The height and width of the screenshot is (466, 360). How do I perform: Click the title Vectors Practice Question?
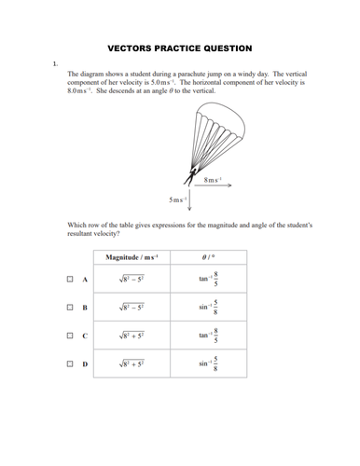point(179,46)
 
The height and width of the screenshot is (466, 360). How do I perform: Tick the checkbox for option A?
point(70,279)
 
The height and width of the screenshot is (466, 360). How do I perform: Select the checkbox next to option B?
point(70,307)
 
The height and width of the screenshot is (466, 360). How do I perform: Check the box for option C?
point(70,336)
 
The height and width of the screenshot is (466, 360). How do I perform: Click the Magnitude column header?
point(132,257)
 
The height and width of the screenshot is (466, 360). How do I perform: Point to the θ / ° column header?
point(209,257)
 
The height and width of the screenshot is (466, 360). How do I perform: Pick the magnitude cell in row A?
point(132,279)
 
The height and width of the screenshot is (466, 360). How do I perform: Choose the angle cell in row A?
point(209,279)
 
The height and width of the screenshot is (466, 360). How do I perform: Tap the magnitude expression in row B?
point(132,307)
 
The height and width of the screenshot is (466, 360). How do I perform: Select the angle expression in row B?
point(209,307)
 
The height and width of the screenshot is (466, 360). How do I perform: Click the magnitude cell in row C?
point(132,336)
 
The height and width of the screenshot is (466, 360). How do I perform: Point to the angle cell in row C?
point(209,336)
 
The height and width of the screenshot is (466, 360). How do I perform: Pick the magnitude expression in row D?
point(132,363)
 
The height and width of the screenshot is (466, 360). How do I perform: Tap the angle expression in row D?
point(209,363)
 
